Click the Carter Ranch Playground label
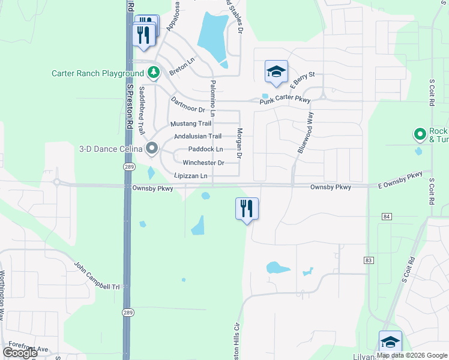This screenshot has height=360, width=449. [98, 74]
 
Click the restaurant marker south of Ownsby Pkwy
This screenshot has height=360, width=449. [247, 209]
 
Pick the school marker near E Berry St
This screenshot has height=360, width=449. [276, 72]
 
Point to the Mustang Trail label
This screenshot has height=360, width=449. [191, 124]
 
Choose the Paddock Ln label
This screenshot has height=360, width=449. [205, 149]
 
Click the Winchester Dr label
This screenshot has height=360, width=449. [203, 163]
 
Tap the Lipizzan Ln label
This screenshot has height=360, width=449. [190, 176]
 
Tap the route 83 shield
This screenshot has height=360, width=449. [368, 260]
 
